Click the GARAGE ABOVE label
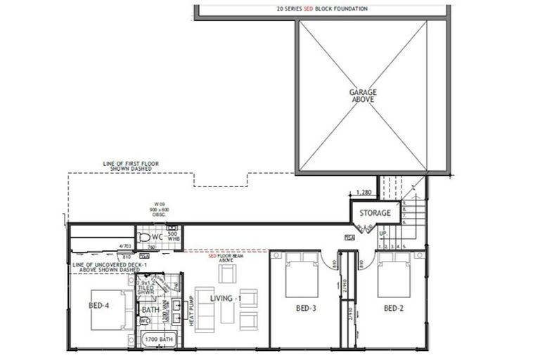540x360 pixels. pos(363,96)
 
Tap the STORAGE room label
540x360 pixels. pos(375,212)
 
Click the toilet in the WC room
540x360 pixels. pos(144,237)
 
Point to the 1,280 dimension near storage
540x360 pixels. pos(364,192)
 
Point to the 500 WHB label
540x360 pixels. pos(173,237)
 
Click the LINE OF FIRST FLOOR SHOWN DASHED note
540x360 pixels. pos(131,166)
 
